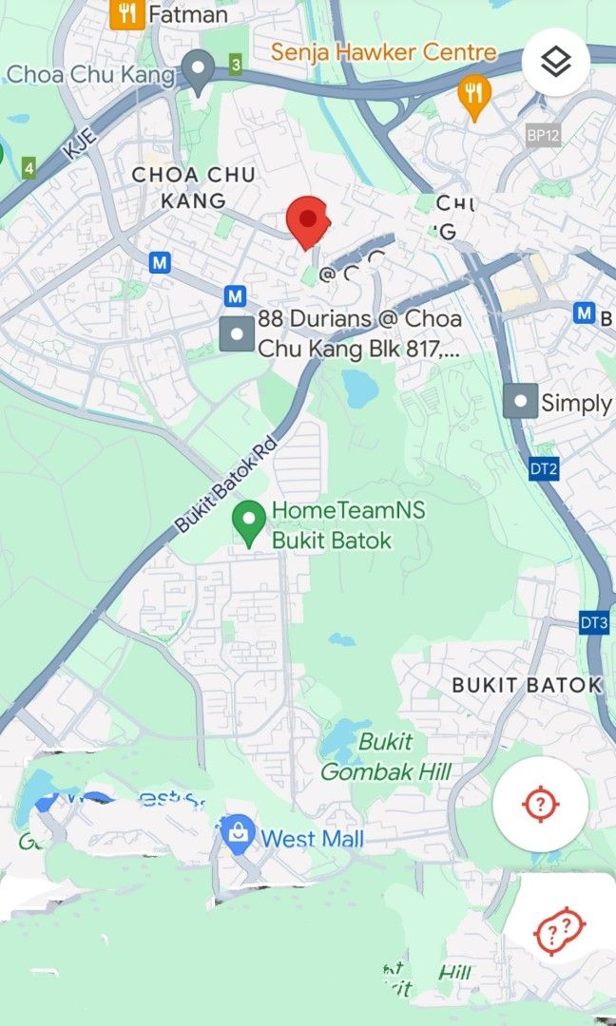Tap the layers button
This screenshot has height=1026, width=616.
556,62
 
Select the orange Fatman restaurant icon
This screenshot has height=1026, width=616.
126,13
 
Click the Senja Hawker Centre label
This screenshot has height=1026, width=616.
383,52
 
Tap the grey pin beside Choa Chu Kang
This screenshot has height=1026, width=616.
198,70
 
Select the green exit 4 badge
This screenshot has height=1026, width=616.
29,168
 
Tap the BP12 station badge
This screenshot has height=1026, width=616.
543,135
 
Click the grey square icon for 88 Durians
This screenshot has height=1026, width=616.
237,333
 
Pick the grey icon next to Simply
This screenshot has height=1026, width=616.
519,402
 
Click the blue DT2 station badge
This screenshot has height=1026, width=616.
542,468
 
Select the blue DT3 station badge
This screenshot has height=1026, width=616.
593,623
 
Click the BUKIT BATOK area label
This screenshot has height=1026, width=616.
527,685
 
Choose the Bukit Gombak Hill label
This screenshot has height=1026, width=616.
385,757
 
